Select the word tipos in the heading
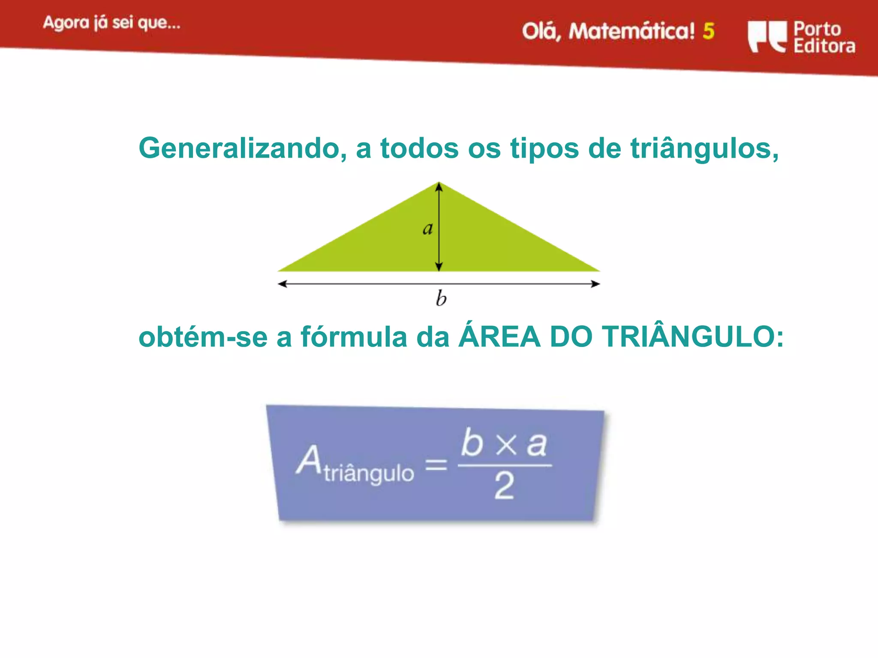(544, 149)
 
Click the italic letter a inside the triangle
(427, 228)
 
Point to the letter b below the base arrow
(441, 298)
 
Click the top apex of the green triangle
(439, 184)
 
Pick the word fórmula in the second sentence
(354, 337)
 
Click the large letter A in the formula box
(309, 460)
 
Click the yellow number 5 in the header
(709, 31)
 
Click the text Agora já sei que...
(111, 23)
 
